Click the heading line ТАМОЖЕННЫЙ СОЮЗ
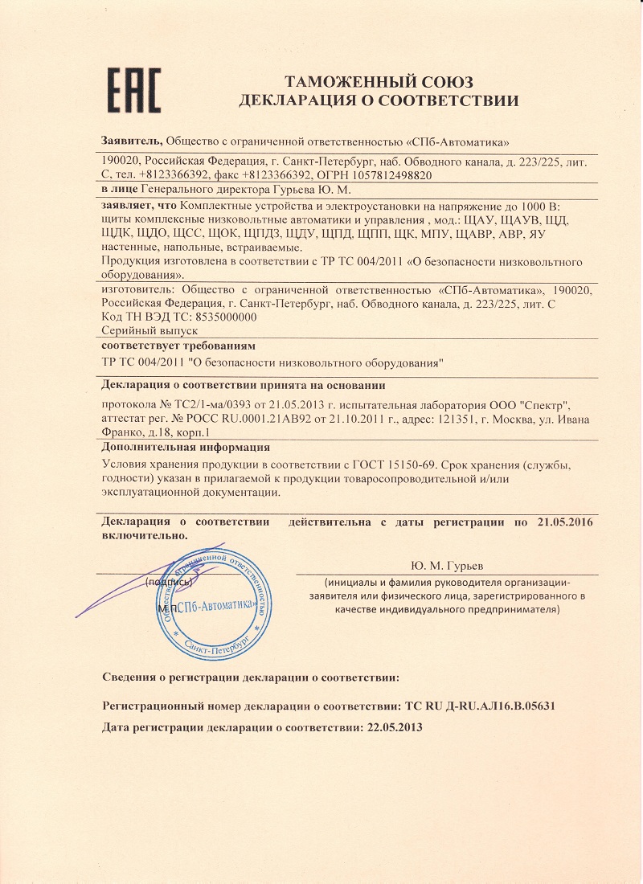[x=379, y=82]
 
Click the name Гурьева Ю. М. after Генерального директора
[x=314, y=190]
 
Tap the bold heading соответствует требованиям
[x=179, y=345]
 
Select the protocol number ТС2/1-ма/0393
[x=208, y=404]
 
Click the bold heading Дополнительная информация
[x=186, y=447]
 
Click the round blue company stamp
[x=211, y=604]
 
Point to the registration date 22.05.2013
[x=394, y=726]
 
